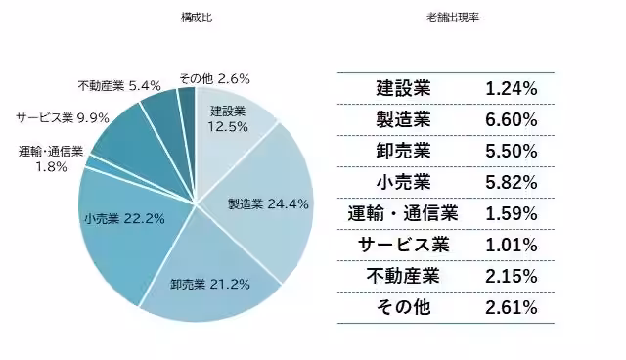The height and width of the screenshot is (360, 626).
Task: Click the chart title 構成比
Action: coord(195,18)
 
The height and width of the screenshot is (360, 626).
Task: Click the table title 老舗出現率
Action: coord(445,18)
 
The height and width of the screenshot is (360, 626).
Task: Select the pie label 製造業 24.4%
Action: coord(268,204)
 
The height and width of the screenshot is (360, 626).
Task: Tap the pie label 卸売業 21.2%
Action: coord(210,285)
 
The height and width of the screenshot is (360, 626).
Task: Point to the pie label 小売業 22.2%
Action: coord(124,218)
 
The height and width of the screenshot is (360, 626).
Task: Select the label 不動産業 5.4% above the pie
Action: coord(118,85)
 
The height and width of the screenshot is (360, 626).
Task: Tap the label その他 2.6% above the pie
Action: coord(214,77)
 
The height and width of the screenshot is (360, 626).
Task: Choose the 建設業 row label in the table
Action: coord(403,88)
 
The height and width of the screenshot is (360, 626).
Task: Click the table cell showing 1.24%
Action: coord(511,88)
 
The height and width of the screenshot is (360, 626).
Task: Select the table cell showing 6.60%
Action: coord(511,119)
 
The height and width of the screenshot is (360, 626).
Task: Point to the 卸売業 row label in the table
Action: coord(403,151)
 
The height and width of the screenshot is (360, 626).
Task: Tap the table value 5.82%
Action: coord(511,182)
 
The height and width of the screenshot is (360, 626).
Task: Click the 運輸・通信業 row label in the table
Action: coord(403,213)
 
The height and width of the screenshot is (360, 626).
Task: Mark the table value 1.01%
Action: coord(511,245)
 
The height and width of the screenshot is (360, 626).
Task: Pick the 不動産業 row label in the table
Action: coord(403,276)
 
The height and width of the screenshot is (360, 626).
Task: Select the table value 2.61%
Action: coord(511,307)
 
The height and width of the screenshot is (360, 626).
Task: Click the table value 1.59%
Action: coord(511,213)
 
